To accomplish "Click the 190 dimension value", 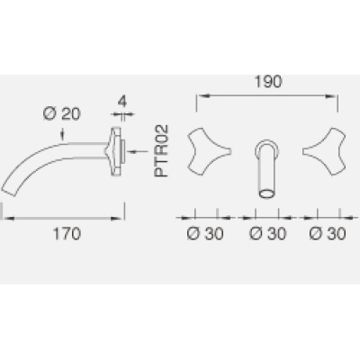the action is click(x=268, y=82).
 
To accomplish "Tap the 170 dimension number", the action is click(x=67, y=234).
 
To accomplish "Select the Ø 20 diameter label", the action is click(x=62, y=113).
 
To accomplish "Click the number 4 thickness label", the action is click(x=121, y=102).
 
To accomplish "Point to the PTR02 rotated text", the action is click(x=161, y=151).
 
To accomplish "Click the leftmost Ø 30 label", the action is click(x=205, y=234).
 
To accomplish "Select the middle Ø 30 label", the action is click(x=268, y=234).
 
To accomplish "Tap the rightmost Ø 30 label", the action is click(x=328, y=234).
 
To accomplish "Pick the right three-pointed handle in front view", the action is click(x=326, y=151).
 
